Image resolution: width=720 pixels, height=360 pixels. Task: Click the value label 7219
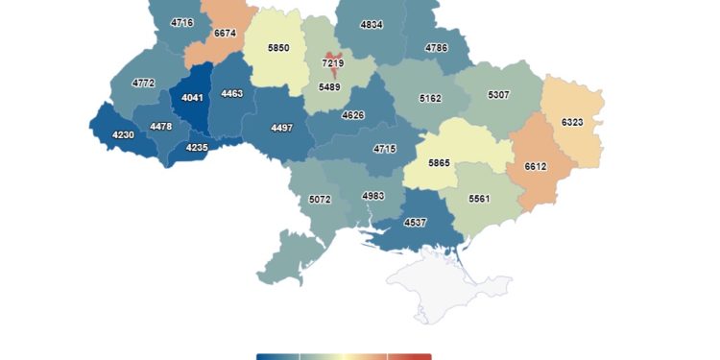333,63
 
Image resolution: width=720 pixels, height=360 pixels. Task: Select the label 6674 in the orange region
225,34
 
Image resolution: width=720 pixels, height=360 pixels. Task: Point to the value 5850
278,48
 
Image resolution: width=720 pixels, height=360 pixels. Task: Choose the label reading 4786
436,47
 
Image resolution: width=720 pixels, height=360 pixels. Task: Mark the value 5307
499,95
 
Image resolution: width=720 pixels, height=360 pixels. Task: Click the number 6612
536,166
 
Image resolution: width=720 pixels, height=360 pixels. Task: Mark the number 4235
197,147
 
